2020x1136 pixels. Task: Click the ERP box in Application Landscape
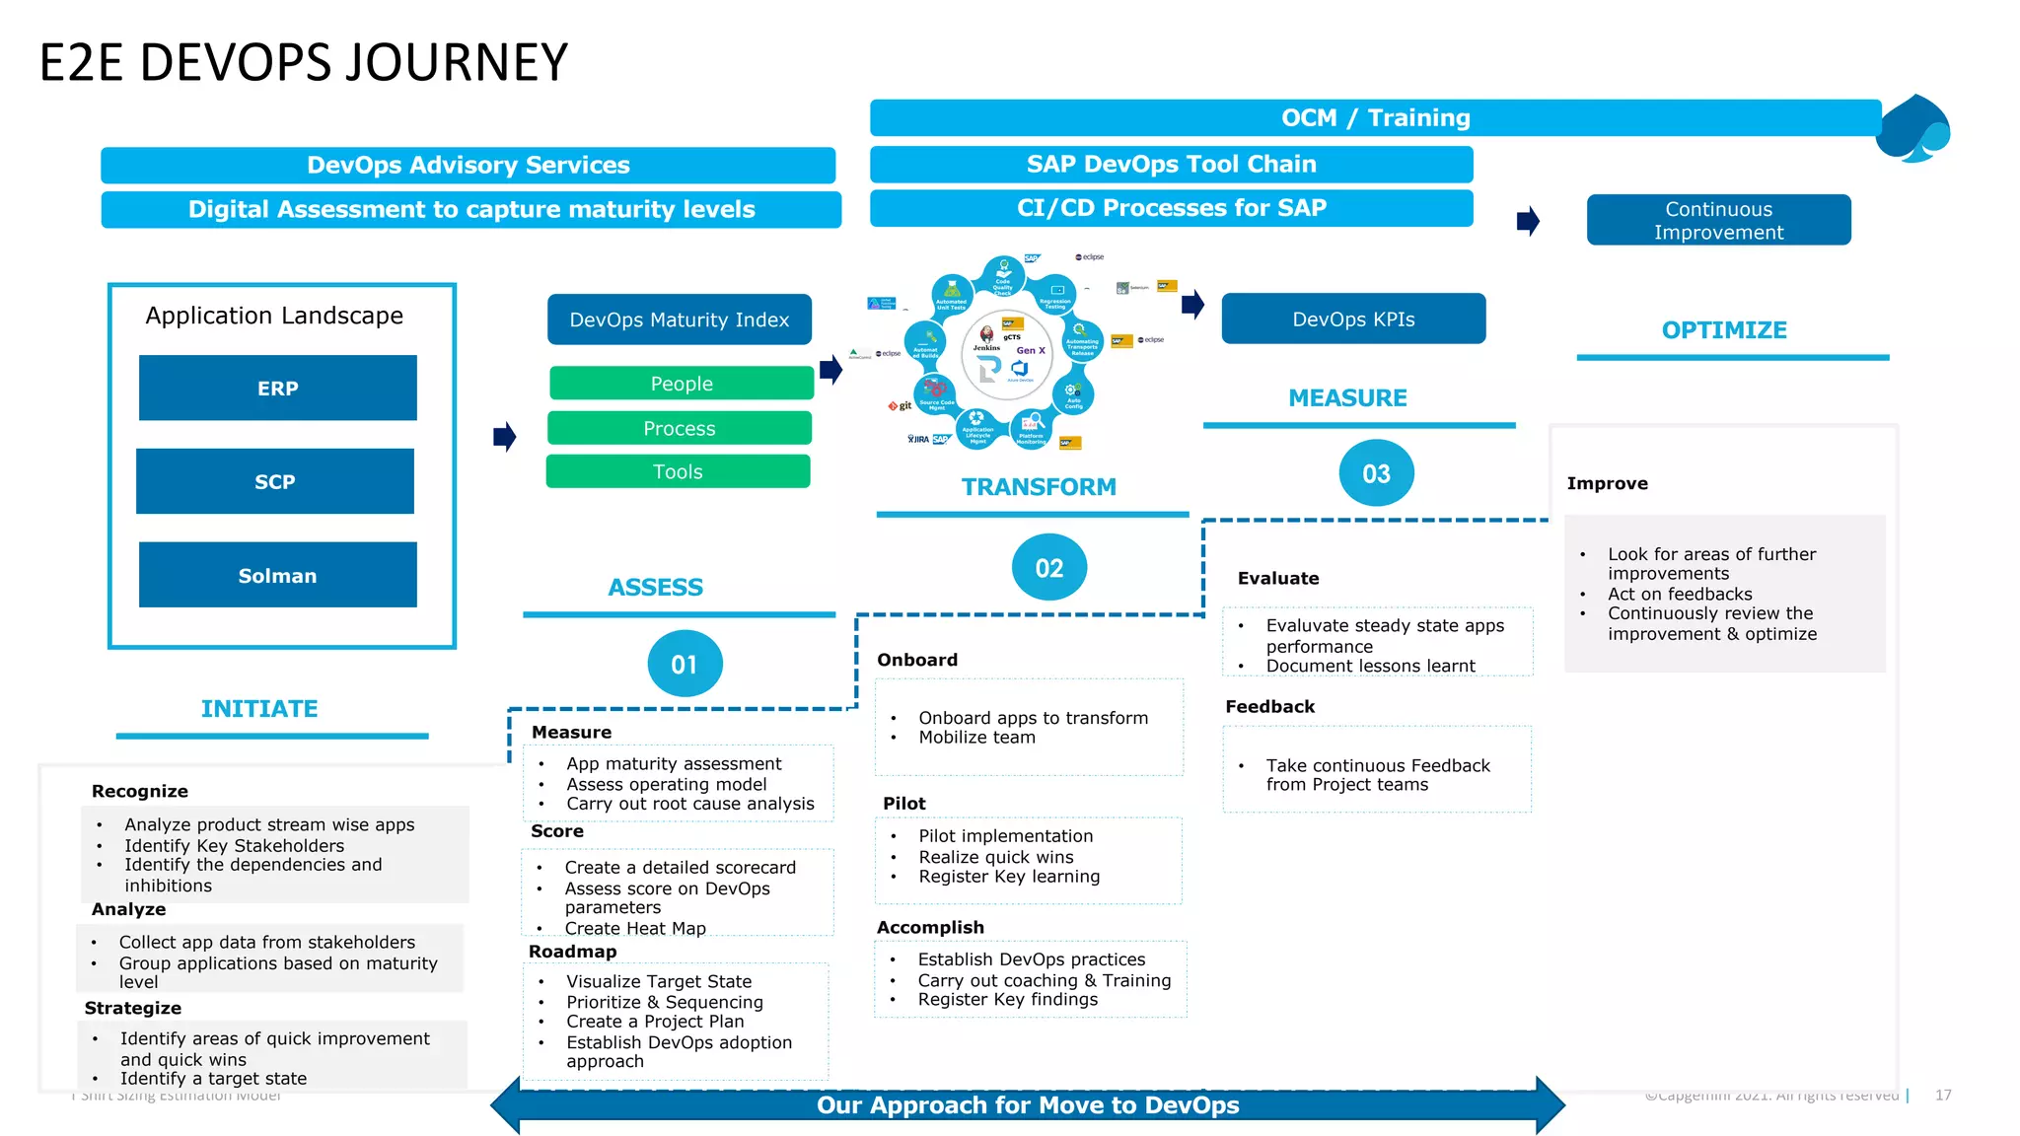click(x=277, y=388)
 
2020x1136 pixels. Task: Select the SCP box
click(x=275, y=481)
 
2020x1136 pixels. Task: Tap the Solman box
click(x=277, y=575)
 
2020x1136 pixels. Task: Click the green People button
click(x=681, y=384)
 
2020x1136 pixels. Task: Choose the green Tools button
click(x=678, y=471)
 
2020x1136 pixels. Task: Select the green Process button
click(x=679, y=428)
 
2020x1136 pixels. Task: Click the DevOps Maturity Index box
click(x=679, y=319)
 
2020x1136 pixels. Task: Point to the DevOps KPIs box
click(x=1352, y=319)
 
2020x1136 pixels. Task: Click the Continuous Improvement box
click(x=1718, y=220)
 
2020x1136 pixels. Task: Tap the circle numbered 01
click(x=685, y=664)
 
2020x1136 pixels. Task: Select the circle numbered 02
click(x=1048, y=567)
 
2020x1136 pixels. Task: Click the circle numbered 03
click(x=1376, y=473)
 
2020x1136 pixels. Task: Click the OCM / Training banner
click(x=1375, y=117)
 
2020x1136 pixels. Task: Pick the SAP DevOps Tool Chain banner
click(x=1171, y=164)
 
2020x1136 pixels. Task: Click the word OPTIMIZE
click(x=1723, y=330)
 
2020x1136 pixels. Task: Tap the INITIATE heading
click(x=259, y=708)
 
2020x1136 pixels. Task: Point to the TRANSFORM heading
click(x=1039, y=486)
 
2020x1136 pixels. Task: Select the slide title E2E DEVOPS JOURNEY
click(x=304, y=62)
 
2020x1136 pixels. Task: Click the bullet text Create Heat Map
click(x=635, y=928)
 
